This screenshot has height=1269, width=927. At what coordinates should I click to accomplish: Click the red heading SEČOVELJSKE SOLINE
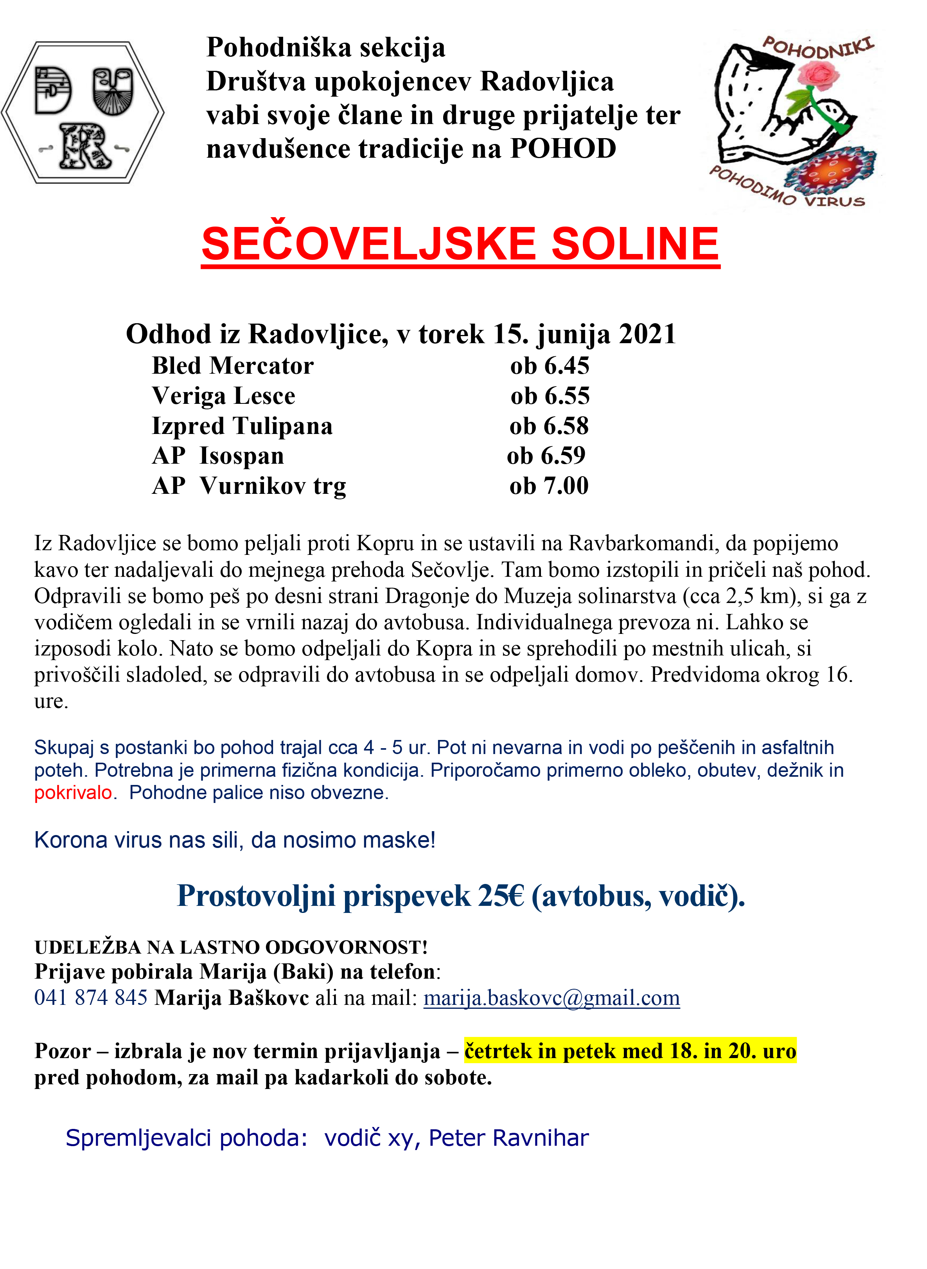click(x=460, y=244)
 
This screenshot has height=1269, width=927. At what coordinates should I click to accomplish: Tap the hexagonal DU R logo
click(x=83, y=112)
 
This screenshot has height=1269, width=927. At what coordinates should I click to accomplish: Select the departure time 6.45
click(x=550, y=366)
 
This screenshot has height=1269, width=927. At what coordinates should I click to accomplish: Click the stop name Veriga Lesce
click(x=223, y=396)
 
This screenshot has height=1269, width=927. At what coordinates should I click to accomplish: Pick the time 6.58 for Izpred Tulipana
click(x=549, y=427)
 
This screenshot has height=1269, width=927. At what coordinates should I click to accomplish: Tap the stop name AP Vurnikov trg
click(x=249, y=486)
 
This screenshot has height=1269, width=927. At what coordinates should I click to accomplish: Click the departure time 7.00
click(x=549, y=486)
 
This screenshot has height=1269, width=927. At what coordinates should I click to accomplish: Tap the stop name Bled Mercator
click(x=233, y=366)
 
